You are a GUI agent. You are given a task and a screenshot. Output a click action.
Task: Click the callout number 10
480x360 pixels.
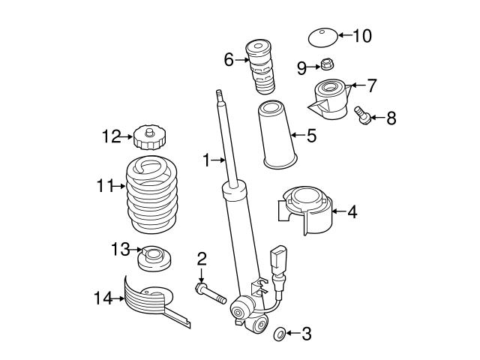(x=361, y=35)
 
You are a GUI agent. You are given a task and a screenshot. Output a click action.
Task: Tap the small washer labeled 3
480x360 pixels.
(x=280, y=332)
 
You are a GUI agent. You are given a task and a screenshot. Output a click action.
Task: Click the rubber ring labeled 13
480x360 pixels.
(x=154, y=258)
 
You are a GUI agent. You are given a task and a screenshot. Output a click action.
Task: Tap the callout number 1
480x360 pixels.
(x=205, y=159)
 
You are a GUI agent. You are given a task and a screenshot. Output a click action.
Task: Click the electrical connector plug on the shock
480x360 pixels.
(x=278, y=256)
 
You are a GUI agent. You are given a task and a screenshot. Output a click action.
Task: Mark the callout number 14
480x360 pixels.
(x=103, y=299)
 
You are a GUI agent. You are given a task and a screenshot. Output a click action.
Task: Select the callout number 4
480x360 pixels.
(x=352, y=212)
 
